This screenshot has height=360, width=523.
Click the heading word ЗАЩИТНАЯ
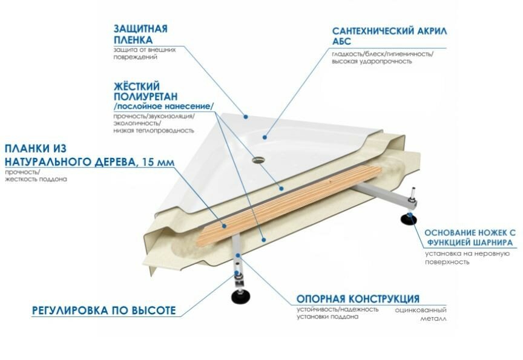[x=140, y=28]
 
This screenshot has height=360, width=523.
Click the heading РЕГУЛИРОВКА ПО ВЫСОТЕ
[x=104, y=311]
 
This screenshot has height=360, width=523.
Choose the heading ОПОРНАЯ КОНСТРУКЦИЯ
[x=358, y=299]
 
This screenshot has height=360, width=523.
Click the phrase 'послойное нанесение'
[x=163, y=106]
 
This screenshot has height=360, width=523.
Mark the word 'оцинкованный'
[x=416, y=309]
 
